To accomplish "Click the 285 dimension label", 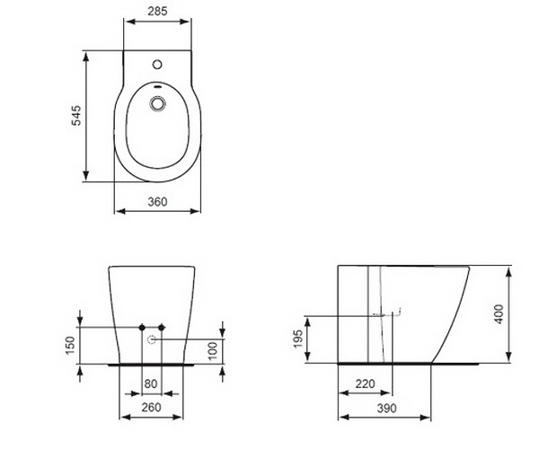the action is pos(157,11).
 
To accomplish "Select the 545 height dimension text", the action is pos(76,116).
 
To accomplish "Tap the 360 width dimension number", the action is pos(157,202).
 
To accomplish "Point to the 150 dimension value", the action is pos(69,345).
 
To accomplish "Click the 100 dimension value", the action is pos(213,350).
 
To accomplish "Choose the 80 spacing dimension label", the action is pos(151,383).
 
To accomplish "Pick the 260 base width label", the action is pos(151,407).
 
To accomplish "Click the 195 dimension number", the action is pos(298,339).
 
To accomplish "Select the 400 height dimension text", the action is pos(499,314).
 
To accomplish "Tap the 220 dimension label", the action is pos(365,383).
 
